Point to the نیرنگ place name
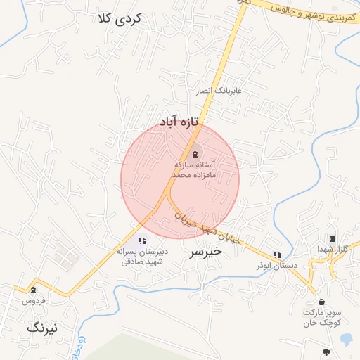(x=46, y=328)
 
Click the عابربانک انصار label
(x=219, y=91)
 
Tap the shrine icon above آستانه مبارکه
(x=195, y=153)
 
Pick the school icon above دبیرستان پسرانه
(x=142, y=240)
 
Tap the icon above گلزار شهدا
(x=332, y=239)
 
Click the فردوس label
(x=34, y=301)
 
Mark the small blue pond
(x=345, y=339)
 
